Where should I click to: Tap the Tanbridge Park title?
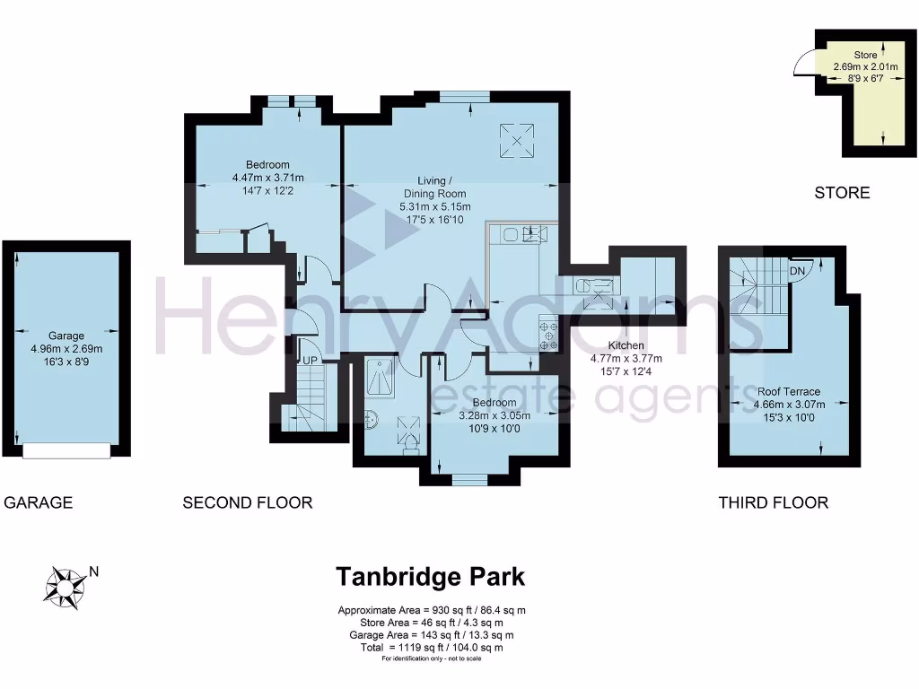[x=430, y=576]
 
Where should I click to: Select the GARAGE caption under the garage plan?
[x=38, y=502]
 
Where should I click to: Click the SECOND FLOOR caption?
[x=247, y=502]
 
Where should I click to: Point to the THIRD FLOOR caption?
[x=773, y=502]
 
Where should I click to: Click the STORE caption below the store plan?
[x=842, y=192]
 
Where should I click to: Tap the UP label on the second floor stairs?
[x=311, y=360]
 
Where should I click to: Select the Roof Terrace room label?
[x=788, y=392]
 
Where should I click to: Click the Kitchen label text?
[x=624, y=345]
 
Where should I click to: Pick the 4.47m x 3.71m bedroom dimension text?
[x=267, y=178]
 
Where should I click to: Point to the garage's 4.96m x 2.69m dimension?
[x=66, y=350]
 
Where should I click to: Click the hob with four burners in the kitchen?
[x=547, y=336]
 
